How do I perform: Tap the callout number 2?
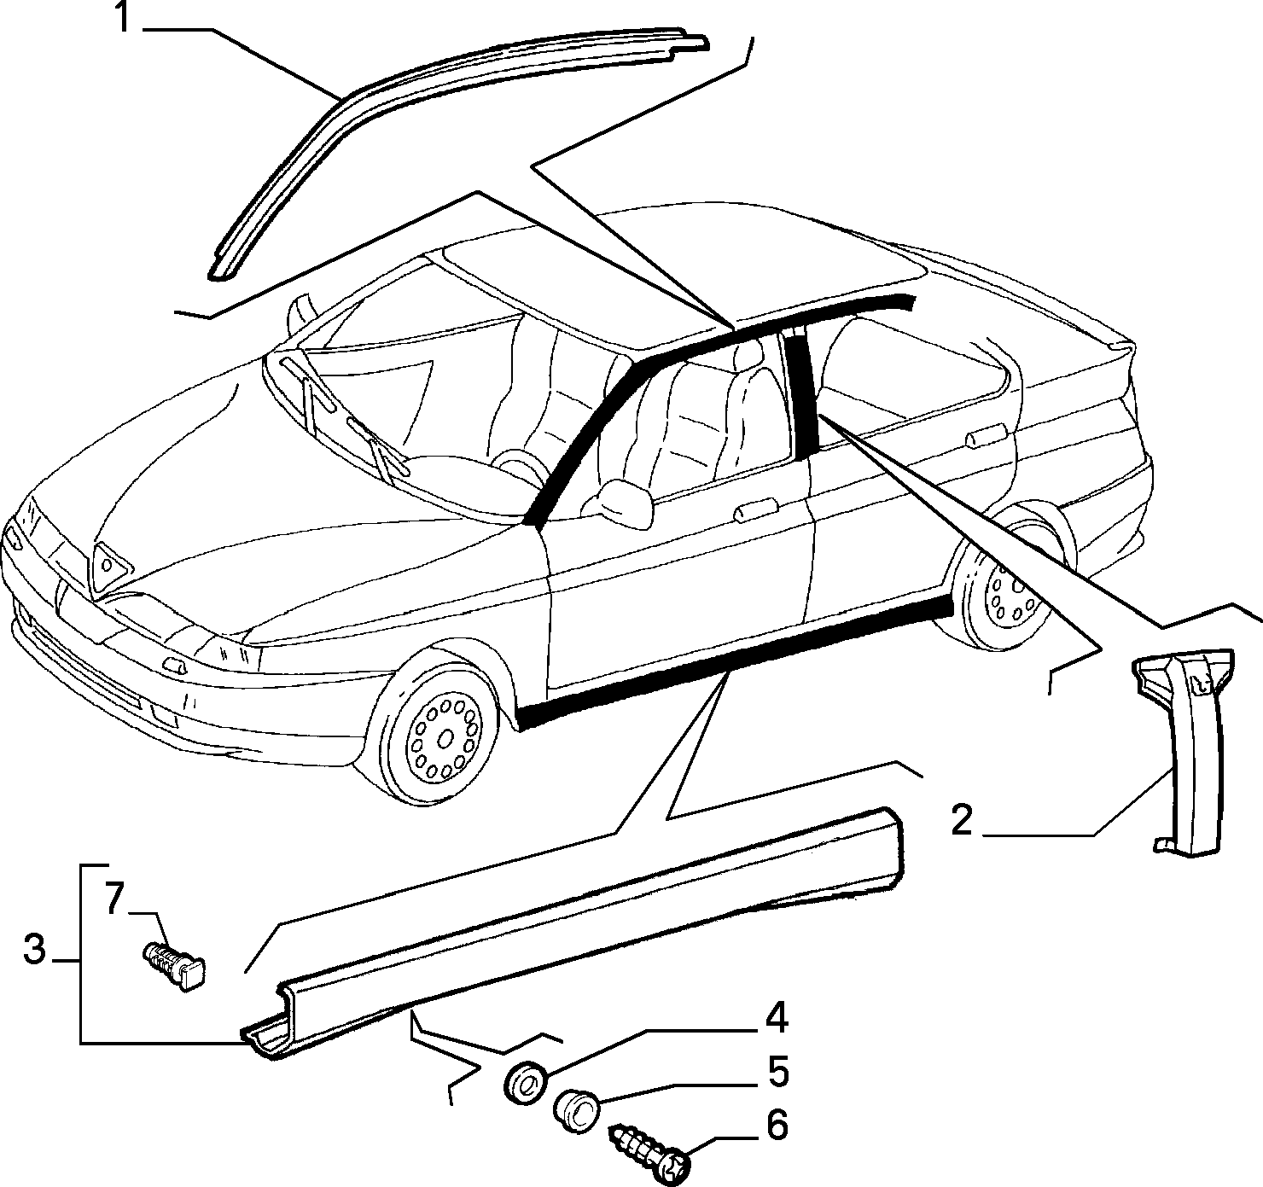(962, 820)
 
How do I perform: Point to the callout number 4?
(777, 1017)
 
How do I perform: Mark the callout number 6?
(777, 1125)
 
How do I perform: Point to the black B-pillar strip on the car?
(802, 392)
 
